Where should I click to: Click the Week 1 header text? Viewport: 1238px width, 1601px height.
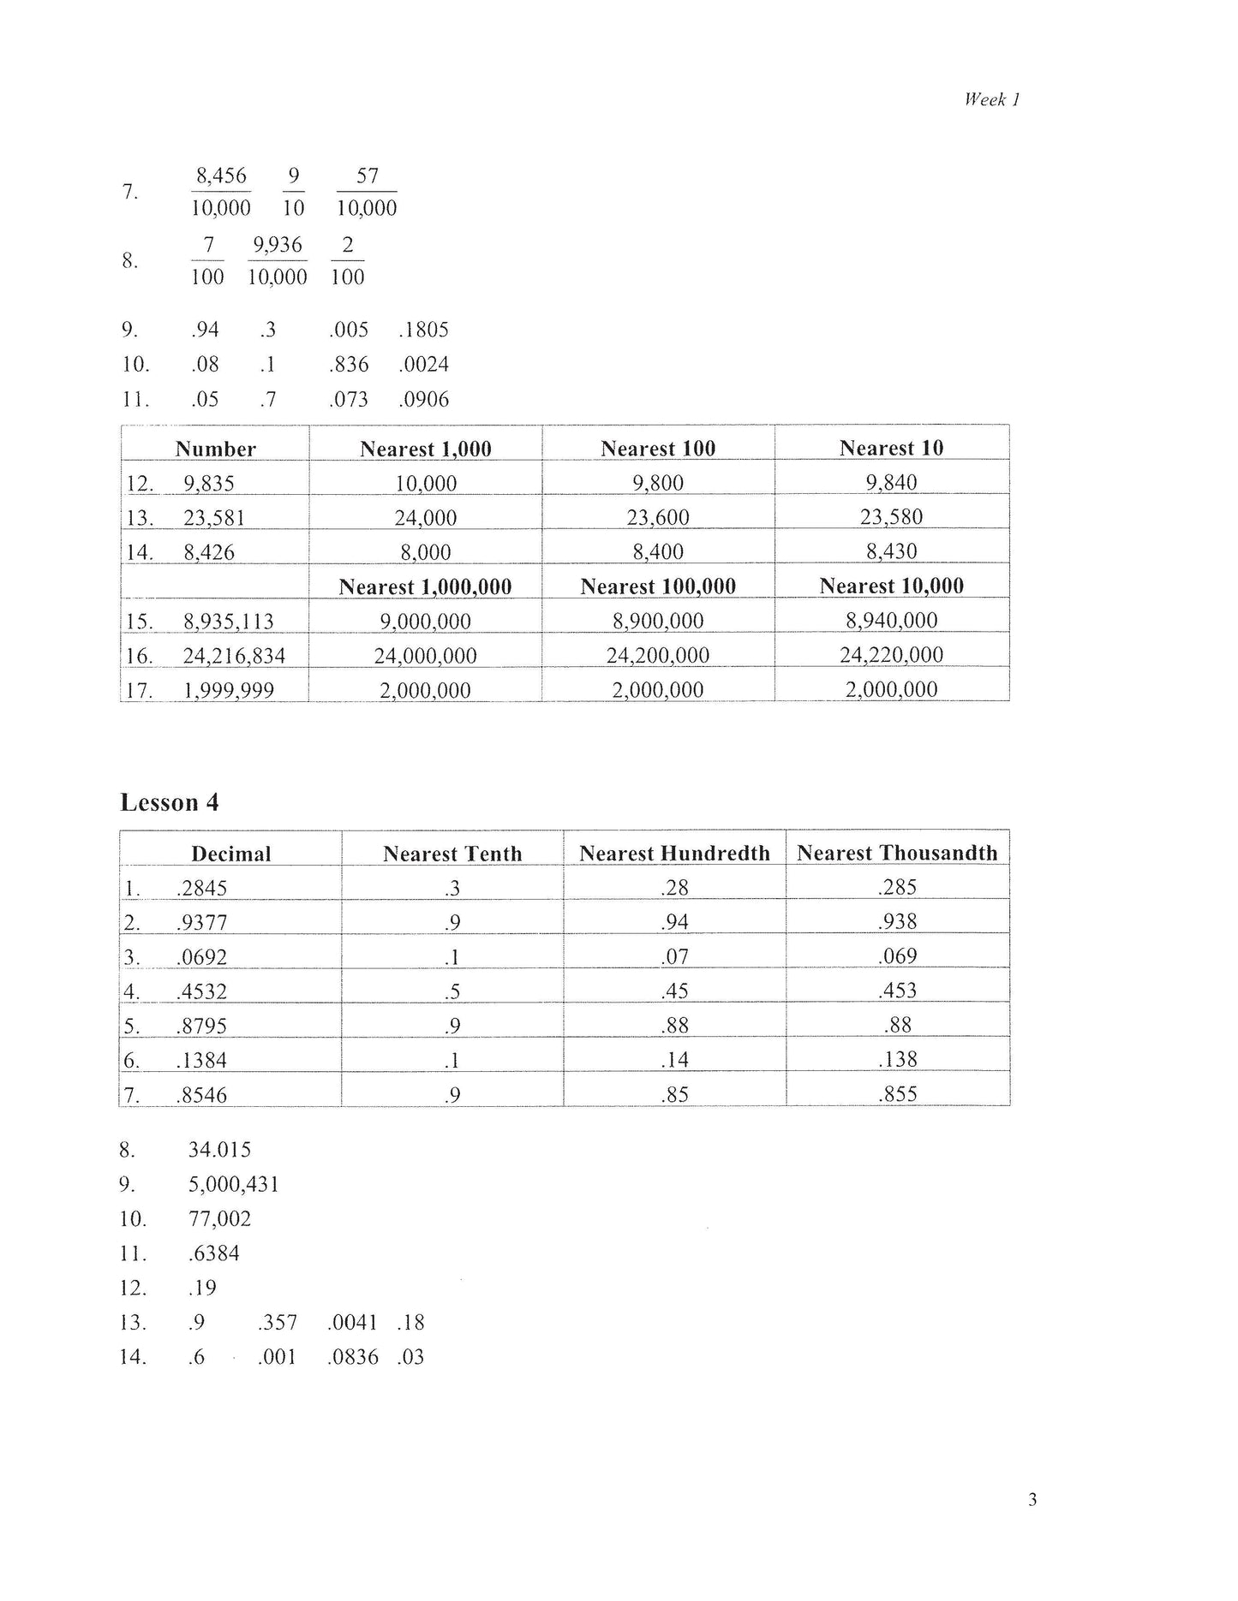point(991,99)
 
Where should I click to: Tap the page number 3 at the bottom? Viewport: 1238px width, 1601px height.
point(1032,1499)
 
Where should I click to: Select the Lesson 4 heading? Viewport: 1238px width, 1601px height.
point(170,802)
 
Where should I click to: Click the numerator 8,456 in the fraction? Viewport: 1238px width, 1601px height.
point(221,176)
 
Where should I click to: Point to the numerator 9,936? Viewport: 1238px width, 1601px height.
point(277,246)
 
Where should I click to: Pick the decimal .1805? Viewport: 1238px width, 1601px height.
point(424,330)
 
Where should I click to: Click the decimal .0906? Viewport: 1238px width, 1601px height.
point(424,399)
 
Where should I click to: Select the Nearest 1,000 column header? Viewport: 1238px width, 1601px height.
point(426,449)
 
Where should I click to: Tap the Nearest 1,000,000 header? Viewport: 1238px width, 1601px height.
point(425,586)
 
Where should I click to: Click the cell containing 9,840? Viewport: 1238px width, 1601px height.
point(891,483)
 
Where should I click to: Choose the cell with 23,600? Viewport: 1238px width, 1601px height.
point(658,517)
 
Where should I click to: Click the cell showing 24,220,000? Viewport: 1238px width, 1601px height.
point(891,655)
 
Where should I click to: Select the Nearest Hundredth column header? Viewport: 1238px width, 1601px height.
point(674,853)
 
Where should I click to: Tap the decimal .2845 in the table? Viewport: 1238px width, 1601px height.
point(202,888)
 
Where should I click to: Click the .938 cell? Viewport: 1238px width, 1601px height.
point(897,922)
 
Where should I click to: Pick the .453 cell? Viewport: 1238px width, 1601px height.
point(897,991)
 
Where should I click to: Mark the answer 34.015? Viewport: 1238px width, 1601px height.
point(219,1150)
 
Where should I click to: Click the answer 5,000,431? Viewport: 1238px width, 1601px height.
point(234,1184)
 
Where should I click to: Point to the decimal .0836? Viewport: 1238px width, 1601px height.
point(353,1357)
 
